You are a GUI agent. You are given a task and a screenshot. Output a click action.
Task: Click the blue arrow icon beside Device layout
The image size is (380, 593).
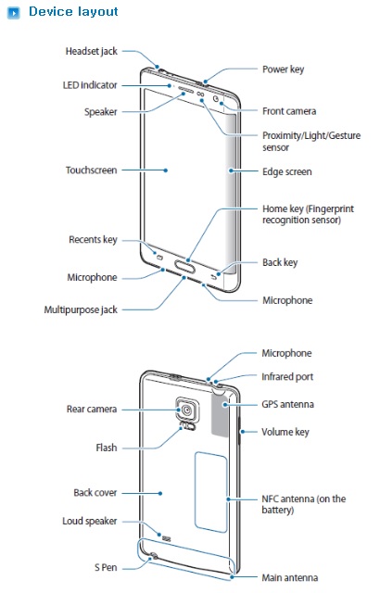coord(14,14)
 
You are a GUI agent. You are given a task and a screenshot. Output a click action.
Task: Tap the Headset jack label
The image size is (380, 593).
coord(92,51)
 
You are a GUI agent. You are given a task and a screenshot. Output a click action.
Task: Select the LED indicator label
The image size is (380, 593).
coord(90,85)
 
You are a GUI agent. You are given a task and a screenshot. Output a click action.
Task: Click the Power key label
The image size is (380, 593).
coord(284,69)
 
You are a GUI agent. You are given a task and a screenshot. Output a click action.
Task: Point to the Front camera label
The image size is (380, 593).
coord(289,111)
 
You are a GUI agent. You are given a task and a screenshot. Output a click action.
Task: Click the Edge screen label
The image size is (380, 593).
coord(287,171)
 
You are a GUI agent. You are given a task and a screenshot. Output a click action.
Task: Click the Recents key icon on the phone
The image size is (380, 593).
coord(159,258)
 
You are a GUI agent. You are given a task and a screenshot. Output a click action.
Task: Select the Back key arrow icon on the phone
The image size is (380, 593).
coord(214,277)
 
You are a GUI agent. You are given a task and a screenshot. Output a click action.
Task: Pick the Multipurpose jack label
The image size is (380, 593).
coord(81,309)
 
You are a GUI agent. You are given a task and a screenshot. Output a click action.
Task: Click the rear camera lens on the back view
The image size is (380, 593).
coord(186,410)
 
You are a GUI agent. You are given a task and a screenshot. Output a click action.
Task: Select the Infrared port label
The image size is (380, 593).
coord(287,377)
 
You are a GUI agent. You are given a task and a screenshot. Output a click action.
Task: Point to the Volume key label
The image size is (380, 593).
coord(285,432)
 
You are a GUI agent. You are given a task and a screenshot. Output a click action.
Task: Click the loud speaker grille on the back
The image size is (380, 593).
coord(166,537)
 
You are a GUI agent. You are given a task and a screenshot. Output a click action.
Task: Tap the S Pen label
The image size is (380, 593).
coord(106,567)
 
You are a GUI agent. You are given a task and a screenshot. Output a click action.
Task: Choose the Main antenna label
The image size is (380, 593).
coord(289,577)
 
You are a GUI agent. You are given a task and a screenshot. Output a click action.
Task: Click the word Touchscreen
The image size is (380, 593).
coord(91,170)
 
